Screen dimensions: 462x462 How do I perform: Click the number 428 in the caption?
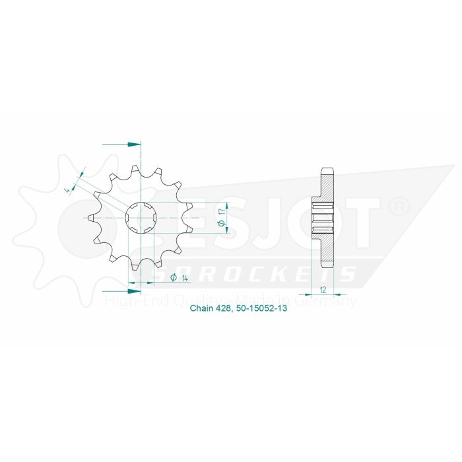click(x=225, y=308)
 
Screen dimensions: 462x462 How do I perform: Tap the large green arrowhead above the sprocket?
click(x=134, y=143)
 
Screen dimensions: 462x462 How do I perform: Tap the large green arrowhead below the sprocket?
click(x=134, y=290)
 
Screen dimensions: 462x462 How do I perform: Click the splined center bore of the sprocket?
click(x=141, y=216)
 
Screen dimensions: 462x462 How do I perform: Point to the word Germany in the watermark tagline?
click(x=331, y=302)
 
